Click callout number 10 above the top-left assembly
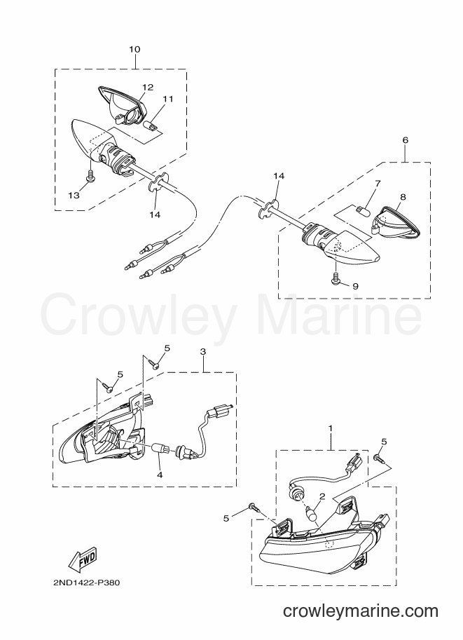tap(134, 49)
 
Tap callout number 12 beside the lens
tap(148, 87)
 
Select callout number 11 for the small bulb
tap(168, 99)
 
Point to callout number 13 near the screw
tap(74, 195)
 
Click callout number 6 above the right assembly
tap(405, 140)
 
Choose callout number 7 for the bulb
tap(378, 183)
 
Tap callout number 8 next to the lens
tap(403, 197)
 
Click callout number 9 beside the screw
tap(355, 286)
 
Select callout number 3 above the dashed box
tap(203, 351)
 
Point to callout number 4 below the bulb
tap(160, 475)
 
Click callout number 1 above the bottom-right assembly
tap(331, 428)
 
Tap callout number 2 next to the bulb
tap(322, 496)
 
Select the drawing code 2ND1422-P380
tap(86, 583)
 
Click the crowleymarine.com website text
tap(361, 611)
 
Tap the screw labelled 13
tap(90, 177)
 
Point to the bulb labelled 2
tap(312, 512)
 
